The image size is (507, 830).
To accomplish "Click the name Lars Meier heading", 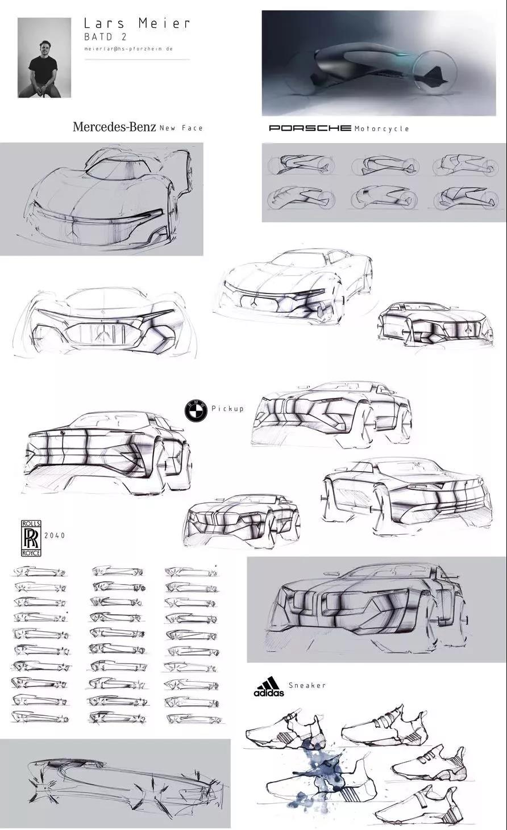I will [x=137, y=24].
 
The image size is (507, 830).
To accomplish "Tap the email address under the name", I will [x=128, y=49].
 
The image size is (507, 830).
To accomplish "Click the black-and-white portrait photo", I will [x=44, y=57].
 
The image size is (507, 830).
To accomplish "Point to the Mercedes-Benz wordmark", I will [x=114, y=127].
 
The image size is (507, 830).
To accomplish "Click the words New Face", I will [x=181, y=128].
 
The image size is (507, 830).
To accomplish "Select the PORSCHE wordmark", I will [x=310, y=128].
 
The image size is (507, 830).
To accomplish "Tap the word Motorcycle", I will [x=381, y=129].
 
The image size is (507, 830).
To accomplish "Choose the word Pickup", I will [x=227, y=409].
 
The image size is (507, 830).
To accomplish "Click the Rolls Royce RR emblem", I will [x=30, y=536].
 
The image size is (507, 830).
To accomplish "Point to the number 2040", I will [x=55, y=535].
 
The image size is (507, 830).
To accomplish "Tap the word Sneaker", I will [x=307, y=685].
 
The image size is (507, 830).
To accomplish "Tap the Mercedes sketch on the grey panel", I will [x=102, y=199].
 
